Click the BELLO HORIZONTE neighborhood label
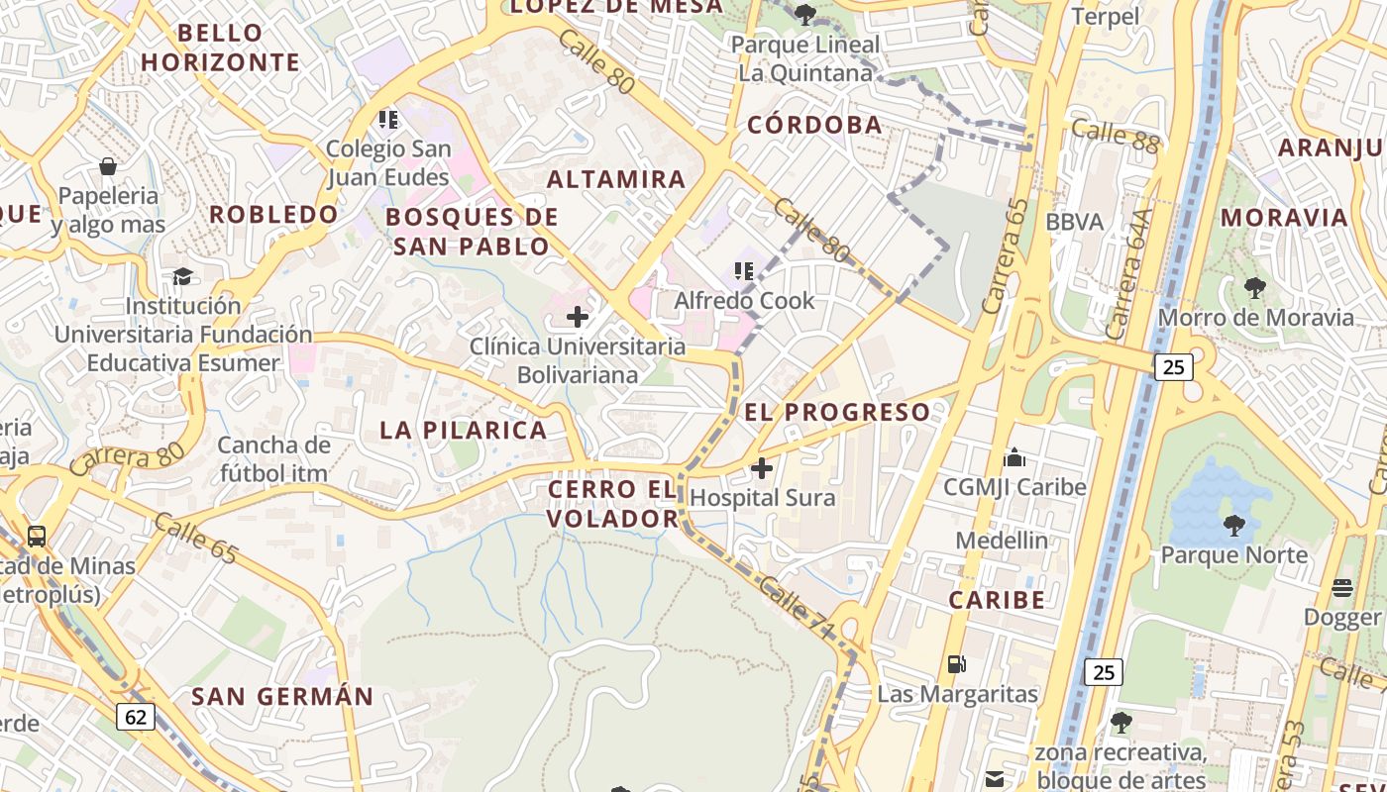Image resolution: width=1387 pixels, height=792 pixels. [x=219, y=48]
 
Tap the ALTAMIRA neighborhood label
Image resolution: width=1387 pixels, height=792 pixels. [x=616, y=179]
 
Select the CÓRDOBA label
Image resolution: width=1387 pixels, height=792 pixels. [x=814, y=125]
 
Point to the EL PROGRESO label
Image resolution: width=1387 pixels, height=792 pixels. [x=837, y=412]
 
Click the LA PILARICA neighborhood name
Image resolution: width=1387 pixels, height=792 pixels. [x=464, y=430]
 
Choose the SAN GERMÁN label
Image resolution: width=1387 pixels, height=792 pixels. [x=282, y=696]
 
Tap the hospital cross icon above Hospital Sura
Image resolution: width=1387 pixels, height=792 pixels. [x=762, y=467]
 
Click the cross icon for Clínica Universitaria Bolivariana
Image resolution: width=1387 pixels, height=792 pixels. [x=577, y=317]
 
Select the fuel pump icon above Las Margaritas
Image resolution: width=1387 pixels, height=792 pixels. [x=956, y=663]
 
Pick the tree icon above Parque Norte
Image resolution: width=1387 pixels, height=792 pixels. [x=1233, y=524]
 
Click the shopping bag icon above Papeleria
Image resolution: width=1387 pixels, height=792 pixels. [x=108, y=166]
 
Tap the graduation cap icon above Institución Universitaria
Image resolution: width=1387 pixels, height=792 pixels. [x=182, y=276]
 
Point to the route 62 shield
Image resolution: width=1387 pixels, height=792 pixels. [x=136, y=716]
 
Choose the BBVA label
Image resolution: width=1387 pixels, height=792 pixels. [x=1074, y=221]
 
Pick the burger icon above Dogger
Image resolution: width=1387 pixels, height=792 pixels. [x=1342, y=588]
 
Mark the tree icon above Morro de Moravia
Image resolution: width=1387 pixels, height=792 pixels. [x=1255, y=288]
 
